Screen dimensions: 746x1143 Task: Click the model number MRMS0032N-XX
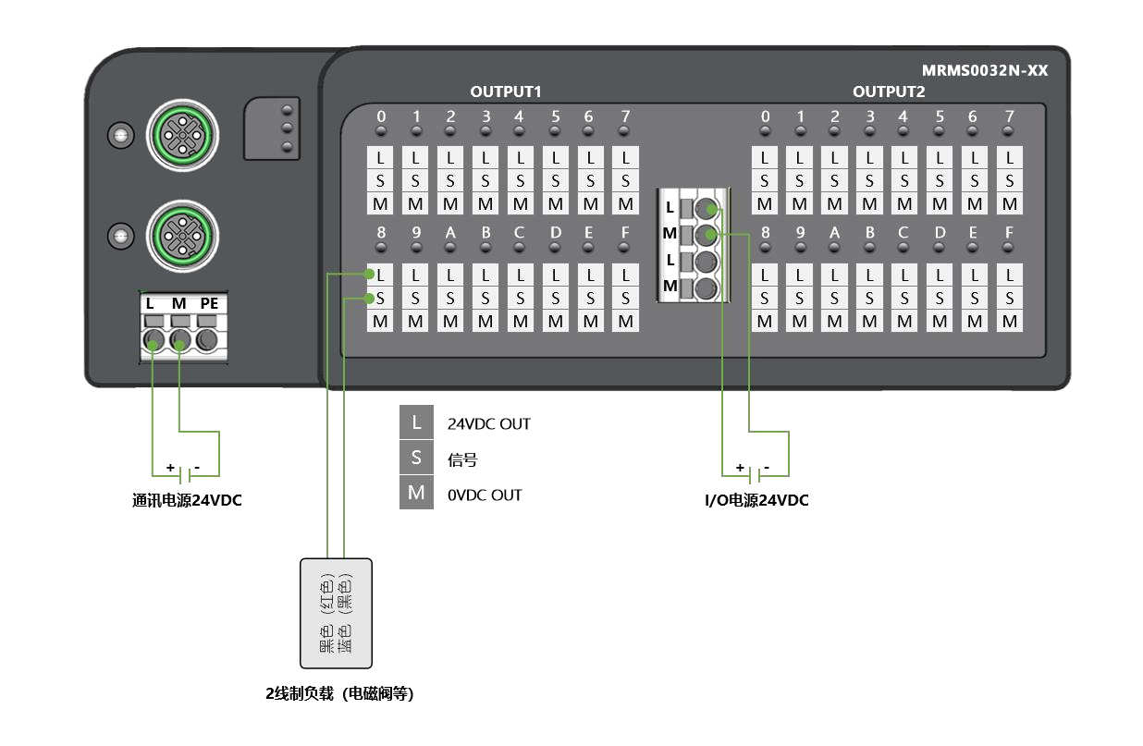(x=984, y=70)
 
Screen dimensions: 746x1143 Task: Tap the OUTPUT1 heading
(x=505, y=92)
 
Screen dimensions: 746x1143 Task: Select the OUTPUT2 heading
(x=888, y=92)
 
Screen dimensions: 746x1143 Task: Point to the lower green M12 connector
(x=183, y=237)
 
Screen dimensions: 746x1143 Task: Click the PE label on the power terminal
(x=209, y=303)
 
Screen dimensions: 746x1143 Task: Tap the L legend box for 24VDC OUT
(x=416, y=423)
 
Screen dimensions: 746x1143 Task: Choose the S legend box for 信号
(x=416, y=459)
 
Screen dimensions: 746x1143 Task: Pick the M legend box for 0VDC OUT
(x=416, y=494)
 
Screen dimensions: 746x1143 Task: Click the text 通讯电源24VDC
(x=187, y=501)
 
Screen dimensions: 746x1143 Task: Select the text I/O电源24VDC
(x=756, y=501)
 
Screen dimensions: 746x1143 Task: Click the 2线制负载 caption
(x=338, y=693)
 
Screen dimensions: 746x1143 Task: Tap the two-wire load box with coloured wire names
(x=336, y=613)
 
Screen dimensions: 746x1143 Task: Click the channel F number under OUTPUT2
(x=1009, y=233)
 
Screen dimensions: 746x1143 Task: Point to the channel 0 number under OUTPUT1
(x=380, y=116)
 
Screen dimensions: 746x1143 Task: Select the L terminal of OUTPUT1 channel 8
(x=380, y=275)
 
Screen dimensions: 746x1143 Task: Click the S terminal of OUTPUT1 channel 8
(x=380, y=298)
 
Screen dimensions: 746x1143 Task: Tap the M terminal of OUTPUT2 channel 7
(x=1010, y=204)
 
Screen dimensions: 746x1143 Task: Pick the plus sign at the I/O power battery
(x=740, y=468)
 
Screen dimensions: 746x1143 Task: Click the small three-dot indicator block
(x=273, y=128)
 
